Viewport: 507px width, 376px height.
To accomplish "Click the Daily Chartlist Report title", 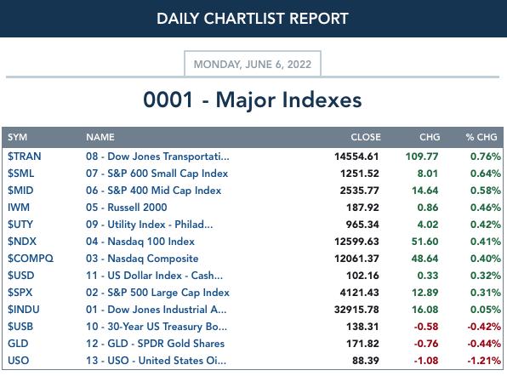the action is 252,19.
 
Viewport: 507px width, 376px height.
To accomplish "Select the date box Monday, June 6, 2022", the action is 253,64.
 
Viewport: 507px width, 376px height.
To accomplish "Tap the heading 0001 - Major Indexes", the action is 253,100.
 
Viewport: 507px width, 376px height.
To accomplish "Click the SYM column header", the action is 18,137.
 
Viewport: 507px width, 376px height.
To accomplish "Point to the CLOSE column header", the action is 366,137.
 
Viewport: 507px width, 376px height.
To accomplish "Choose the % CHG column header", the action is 481,137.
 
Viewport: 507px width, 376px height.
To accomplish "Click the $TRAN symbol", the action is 25,157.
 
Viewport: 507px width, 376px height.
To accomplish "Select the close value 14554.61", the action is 356,157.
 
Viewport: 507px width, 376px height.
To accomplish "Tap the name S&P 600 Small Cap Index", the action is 168,174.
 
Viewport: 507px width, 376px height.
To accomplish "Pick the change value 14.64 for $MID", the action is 424,191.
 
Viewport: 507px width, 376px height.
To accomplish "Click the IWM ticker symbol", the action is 19,208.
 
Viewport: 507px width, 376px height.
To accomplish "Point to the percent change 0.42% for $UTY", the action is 486,225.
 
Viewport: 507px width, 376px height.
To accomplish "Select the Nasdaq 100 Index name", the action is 151,242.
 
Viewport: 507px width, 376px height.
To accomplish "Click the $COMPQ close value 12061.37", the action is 356,259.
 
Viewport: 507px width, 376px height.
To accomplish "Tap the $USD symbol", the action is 21,276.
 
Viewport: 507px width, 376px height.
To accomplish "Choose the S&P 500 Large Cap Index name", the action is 168,293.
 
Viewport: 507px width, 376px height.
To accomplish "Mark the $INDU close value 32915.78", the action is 356,310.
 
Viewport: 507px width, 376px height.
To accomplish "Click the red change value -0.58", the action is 426,327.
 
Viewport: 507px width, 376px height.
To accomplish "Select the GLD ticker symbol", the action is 18,344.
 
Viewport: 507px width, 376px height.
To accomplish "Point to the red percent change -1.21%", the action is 484,361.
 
